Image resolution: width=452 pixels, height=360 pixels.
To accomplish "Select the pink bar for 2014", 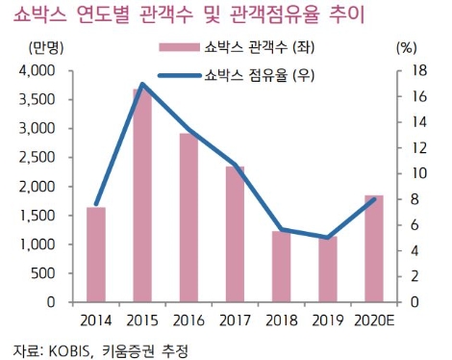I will pos(96,254).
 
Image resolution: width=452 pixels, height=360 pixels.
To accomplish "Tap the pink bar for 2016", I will pos(188,218).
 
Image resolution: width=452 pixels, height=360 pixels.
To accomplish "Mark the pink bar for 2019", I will pos(327,270).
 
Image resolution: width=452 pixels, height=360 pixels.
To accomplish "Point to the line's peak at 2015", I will pos(142,85).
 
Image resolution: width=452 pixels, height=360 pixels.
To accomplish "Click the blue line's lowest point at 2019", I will pos(327,238).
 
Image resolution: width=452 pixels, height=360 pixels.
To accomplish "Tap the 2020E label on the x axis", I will pos(373,320).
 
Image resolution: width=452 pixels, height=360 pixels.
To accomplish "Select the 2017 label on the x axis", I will pos(235,320).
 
